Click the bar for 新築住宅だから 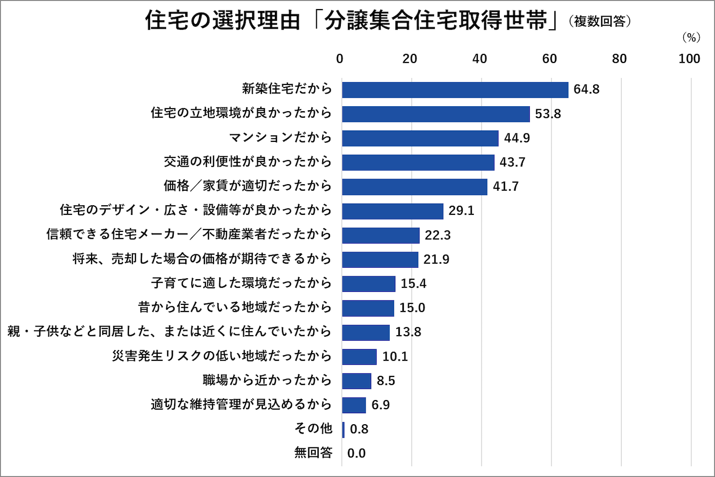point(455,90)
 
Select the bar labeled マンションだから point(420,138)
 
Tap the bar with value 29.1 point(392,211)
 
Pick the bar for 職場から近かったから point(356,381)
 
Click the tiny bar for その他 point(343,430)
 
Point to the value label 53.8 point(547,114)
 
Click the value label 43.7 point(512,162)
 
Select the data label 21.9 point(436,259)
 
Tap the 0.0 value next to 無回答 point(356,453)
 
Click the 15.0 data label point(412,307)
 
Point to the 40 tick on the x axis point(479,59)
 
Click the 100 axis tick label point(689,59)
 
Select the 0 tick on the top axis point(340,59)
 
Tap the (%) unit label point(691,38)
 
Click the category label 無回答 point(313,453)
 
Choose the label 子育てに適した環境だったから point(241,283)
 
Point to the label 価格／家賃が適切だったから point(247,186)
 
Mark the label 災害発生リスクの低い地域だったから point(222,356)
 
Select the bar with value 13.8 point(366,332)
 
